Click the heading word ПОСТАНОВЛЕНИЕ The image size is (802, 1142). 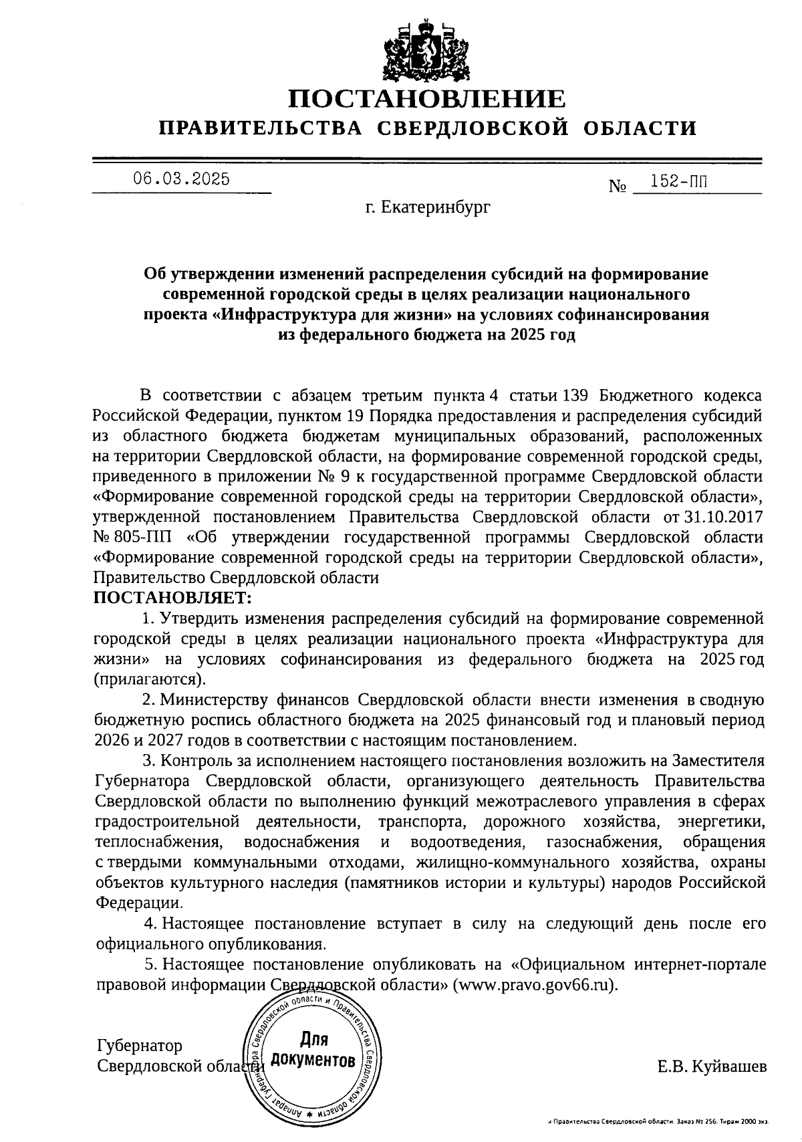click(x=427, y=100)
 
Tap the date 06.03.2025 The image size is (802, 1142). click(x=181, y=179)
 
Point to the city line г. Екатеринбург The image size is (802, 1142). click(x=427, y=207)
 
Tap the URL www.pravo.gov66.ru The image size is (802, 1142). click(x=532, y=986)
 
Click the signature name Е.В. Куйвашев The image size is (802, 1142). click(x=712, y=1066)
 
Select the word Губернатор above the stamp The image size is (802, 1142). click(x=139, y=1045)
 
